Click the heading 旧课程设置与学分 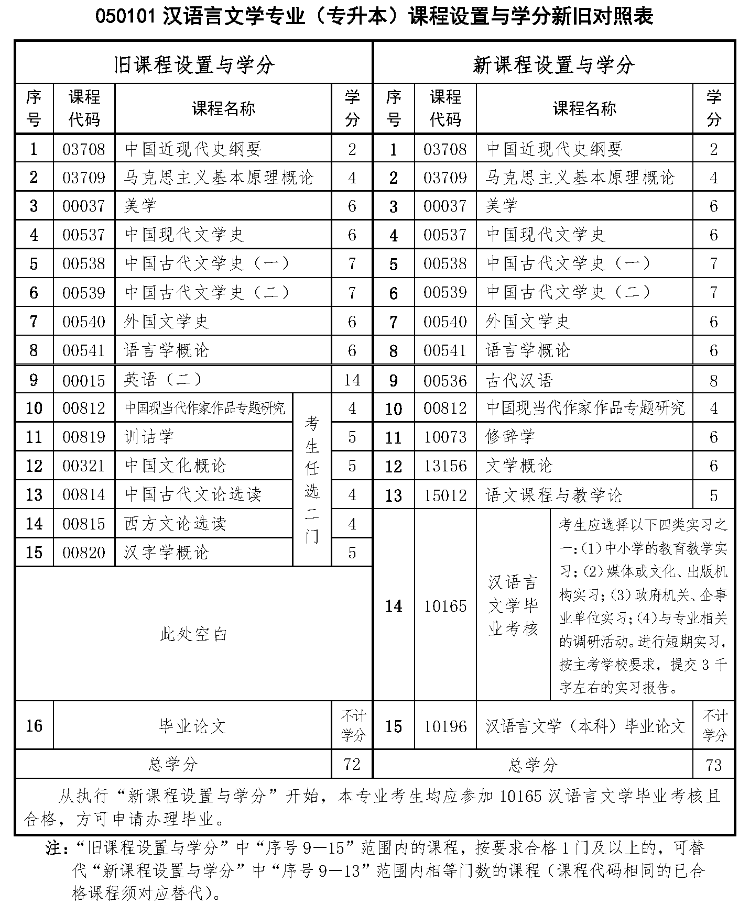point(194,65)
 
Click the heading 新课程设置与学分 point(553,65)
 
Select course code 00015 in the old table point(84,380)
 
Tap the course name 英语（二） point(163,380)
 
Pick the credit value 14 point(352,380)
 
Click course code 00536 point(445,380)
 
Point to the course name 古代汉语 point(519,380)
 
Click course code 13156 point(445,466)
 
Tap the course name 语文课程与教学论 point(554,495)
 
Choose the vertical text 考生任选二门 point(312,479)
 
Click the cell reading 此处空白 point(194,634)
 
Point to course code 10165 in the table point(445,606)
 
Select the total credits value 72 point(352,764)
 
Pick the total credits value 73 point(713,765)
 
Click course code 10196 point(445,726)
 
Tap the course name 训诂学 point(149,437)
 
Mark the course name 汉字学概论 point(167,552)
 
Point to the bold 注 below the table point(53,848)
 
